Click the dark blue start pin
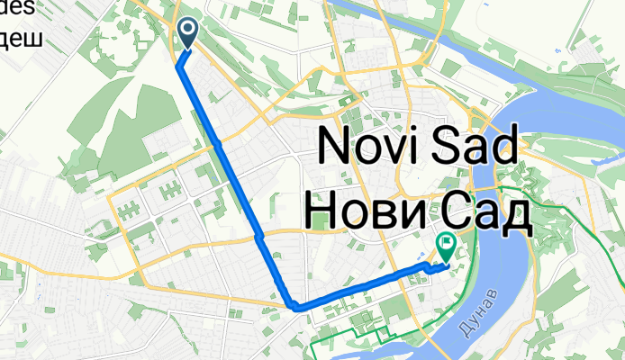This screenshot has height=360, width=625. click(x=188, y=33)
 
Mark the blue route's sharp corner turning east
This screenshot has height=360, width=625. click(x=294, y=307)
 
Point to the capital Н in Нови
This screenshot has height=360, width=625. click(x=322, y=211)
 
